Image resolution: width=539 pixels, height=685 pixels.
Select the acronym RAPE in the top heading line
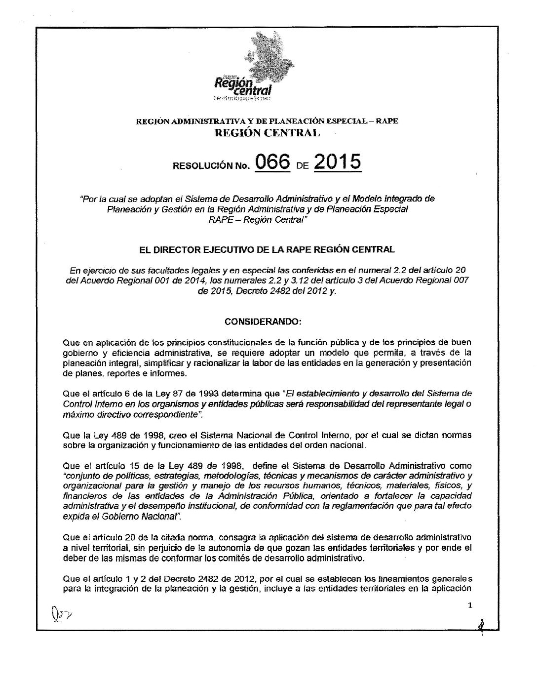(x=387, y=121)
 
